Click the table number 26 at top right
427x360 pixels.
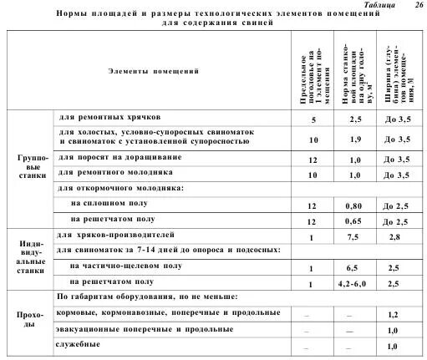tap(418, 5)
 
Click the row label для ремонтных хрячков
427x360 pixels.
tap(104, 117)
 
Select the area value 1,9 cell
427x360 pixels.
tap(354, 139)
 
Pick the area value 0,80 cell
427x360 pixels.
tap(354, 205)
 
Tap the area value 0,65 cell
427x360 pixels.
tap(354, 221)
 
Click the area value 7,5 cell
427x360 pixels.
tap(354, 237)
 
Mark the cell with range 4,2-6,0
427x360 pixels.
tap(354, 284)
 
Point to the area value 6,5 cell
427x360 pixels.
tap(354, 269)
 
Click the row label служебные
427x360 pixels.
tap(78, 343)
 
